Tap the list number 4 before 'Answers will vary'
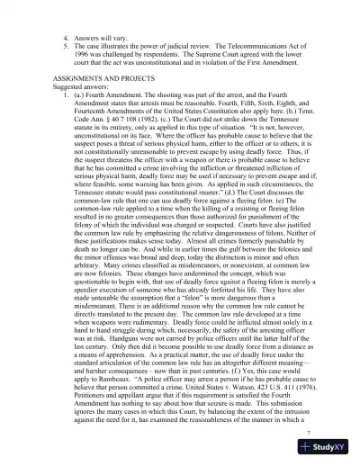(65, 40)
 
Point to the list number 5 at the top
(65, 50)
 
